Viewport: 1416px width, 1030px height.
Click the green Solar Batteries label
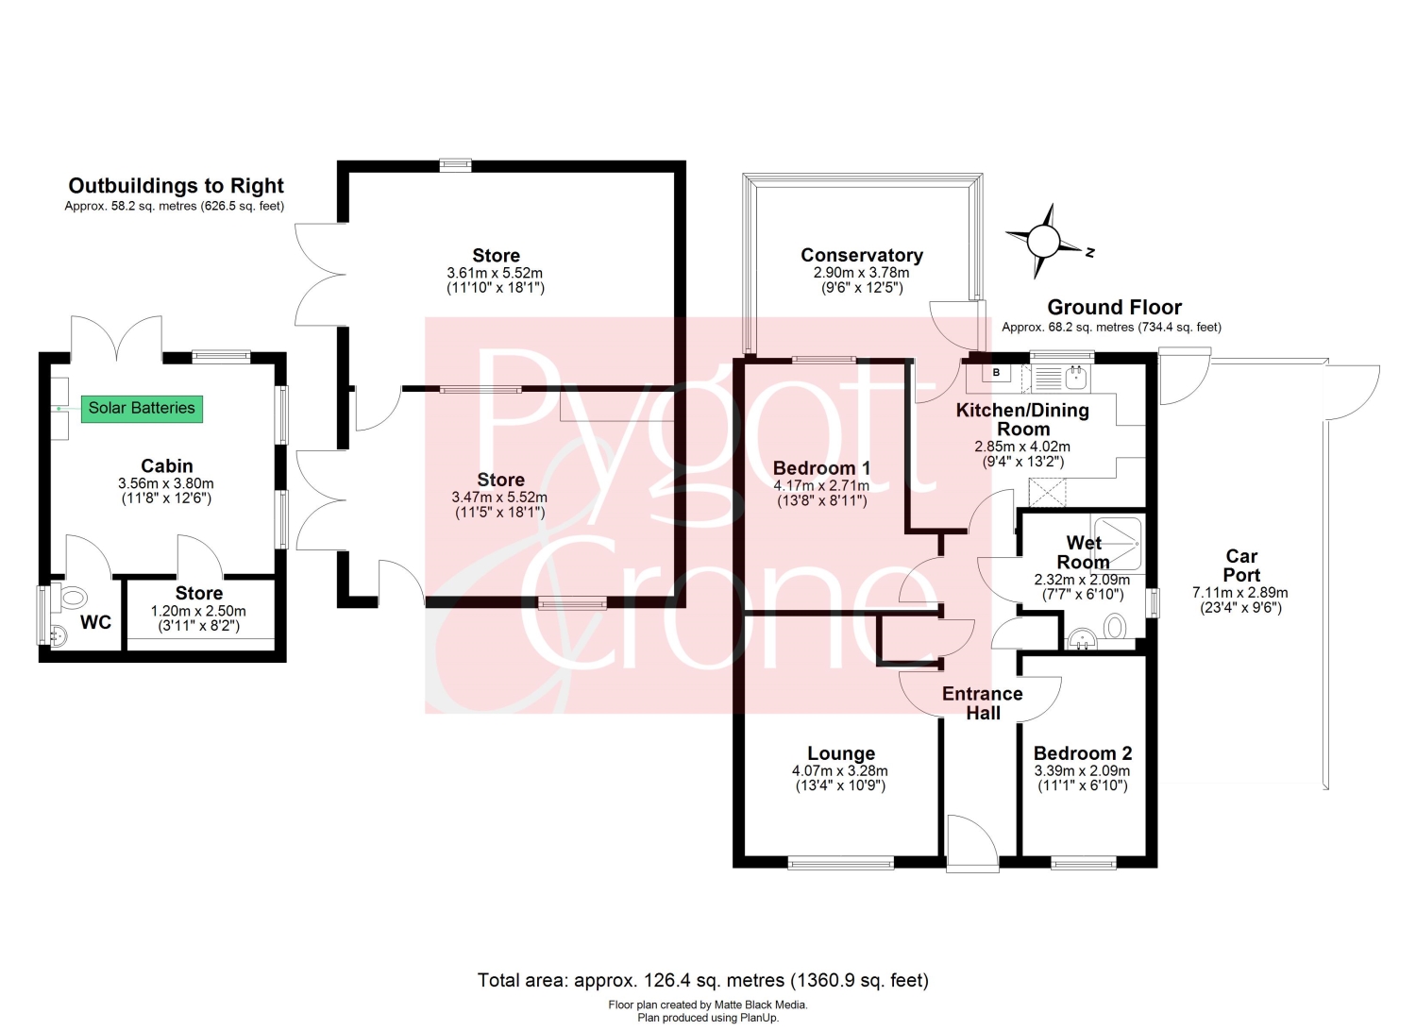click(142, 409)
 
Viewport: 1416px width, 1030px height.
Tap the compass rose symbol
click(1043, 241)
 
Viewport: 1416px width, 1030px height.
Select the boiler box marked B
click(996, 372)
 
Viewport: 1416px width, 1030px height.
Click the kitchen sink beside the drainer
click(1076, 379)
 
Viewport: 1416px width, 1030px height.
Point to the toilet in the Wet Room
click(1115, 627)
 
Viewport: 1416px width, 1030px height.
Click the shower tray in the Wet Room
click(1118, 544)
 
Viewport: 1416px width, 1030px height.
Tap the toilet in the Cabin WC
click(70, 597)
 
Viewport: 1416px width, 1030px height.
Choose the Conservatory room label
click(862, 255)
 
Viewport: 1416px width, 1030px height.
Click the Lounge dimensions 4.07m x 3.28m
click(839, 770)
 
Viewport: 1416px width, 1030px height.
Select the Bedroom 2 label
click(1082, 753)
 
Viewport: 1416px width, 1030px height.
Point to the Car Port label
click(1241, 566)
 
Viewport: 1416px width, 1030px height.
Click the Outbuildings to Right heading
click(176, 185)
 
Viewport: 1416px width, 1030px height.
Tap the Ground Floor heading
click(1114, 307)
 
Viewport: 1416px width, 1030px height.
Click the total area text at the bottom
click(703, 980)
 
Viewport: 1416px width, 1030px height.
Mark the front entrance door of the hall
click(972, 843)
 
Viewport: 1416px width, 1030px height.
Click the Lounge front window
click(841, 863)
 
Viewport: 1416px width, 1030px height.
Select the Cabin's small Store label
click(198, 593)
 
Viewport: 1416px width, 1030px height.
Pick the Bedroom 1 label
click(821, 468)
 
